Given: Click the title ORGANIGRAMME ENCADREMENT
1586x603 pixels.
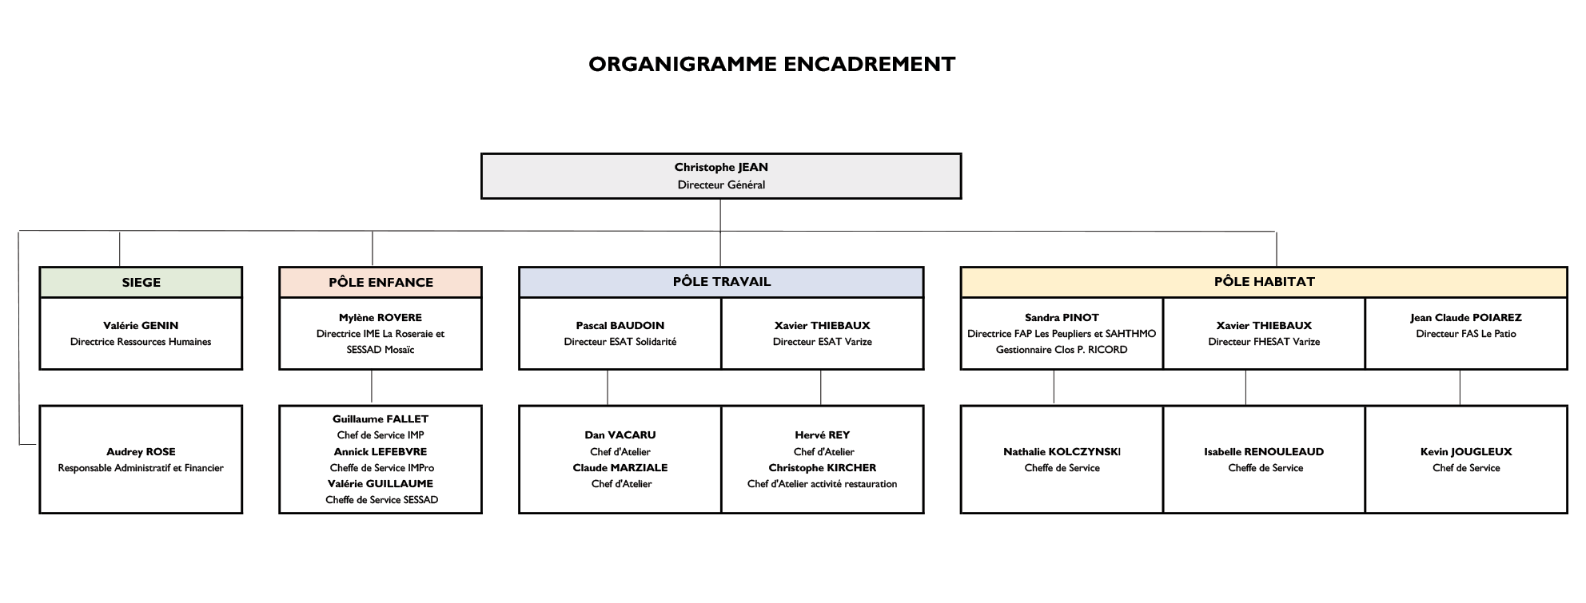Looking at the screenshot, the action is pos(771,64).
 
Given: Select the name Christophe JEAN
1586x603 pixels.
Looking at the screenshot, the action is pos(721,167).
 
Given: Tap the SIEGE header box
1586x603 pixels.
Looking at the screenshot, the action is pos(141,282).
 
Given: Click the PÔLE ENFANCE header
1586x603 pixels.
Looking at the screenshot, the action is pos(381,282).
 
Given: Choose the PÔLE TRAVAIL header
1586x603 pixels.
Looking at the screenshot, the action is pos(721,282).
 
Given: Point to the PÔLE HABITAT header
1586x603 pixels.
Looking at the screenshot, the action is pos(1264,282).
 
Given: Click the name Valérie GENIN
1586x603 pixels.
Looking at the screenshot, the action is pos(141,325).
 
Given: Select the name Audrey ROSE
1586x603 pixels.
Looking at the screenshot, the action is pos(141,451).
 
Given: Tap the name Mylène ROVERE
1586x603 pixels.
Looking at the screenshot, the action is pos(381,317).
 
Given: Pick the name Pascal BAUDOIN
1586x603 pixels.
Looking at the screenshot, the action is pos(620,325).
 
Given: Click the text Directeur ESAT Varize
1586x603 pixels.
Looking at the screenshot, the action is pos(823,342).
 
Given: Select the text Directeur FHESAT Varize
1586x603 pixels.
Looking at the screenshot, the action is pos(1264,342).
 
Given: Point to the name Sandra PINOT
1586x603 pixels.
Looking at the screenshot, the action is pos(1062,317).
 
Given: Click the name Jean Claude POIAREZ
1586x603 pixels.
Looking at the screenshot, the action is pos(1466,317).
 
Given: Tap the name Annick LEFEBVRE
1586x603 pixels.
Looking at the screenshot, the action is pos(381,451).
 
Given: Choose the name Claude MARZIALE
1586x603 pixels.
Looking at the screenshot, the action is pos(620,467).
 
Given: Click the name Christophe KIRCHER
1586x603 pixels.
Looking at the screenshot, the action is pos(823,467).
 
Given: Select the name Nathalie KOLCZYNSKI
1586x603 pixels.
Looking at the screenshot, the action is pos(1062,451).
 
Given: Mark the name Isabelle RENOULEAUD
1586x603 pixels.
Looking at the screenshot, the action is pos(1264,451).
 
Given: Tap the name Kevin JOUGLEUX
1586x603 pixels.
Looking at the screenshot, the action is pos(1466,451).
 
